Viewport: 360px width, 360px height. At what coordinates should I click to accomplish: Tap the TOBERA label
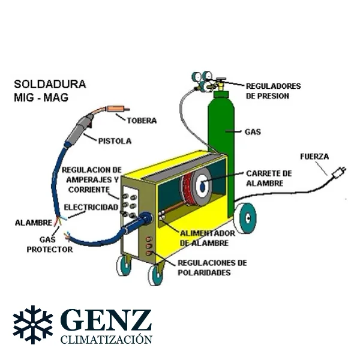tap(141, 121)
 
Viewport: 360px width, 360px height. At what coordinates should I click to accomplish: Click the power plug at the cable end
tap(338, 173)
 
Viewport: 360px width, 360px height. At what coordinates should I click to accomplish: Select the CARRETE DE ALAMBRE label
tap(269, 178)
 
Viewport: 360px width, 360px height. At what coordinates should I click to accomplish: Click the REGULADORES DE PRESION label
tap(273, 91)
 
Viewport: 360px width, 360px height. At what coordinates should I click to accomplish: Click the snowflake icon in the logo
tap(33, 325)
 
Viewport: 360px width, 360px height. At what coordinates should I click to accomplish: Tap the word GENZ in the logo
tap(106, 322)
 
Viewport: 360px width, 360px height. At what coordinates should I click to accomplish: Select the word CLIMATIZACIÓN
tap(106, 340)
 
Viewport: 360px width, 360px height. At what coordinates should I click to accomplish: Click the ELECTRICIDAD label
tap(91, 207)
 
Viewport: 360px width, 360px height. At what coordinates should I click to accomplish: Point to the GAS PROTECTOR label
tap(50, 244)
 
